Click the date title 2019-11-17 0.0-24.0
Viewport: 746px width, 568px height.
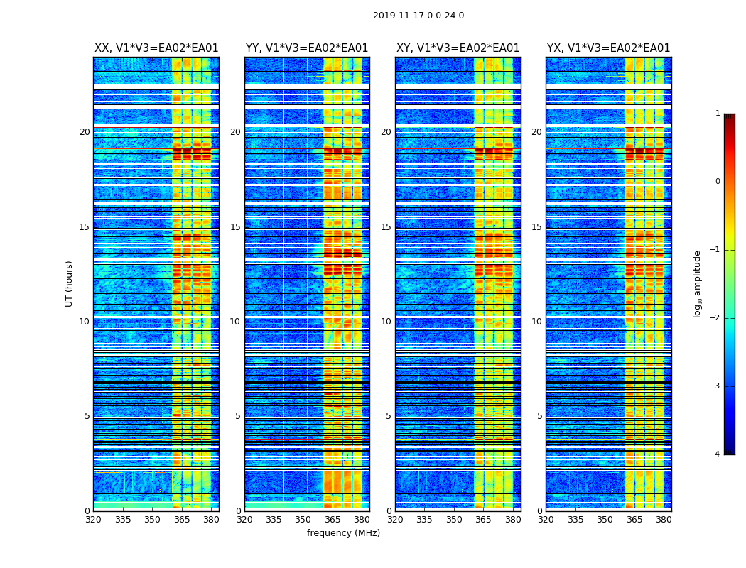click(418, 16)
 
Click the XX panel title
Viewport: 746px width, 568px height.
click(156, 48)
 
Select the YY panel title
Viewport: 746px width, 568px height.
click(307, 48)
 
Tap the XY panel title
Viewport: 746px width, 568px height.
click(458, 48)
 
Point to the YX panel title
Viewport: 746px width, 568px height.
click(608, 48)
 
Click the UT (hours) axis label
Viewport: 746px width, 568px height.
click(69, 283)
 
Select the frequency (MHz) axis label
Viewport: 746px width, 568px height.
click(343, 533)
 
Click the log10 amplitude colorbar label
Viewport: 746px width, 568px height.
click(698, 283)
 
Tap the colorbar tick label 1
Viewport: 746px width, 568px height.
click(718, 114)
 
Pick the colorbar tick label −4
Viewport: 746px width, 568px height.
click(715, 454)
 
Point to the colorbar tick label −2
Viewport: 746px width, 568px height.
click(715, 318)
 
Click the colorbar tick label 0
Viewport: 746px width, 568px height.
click(718, 182)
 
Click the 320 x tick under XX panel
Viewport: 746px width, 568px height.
click(93, 520)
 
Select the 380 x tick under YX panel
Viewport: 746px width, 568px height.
click(664, 520)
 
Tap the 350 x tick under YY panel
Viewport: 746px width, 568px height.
click(303, 520)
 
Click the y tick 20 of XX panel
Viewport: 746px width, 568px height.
click(85, 132)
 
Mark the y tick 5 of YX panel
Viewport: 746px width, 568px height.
click(540, 416)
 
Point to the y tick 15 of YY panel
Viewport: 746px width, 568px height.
click(235, 227)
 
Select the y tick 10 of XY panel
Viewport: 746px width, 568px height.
click(386, 322)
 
